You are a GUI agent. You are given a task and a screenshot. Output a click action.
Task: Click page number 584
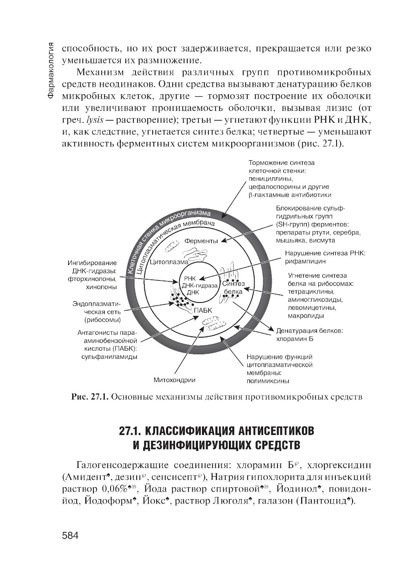70,535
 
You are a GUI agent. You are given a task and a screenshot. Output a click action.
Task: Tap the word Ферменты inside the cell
201,241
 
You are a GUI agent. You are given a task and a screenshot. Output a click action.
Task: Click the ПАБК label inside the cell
203,310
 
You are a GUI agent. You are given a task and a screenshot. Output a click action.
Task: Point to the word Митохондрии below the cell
174,380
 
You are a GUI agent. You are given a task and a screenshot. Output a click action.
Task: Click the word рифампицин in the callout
305,261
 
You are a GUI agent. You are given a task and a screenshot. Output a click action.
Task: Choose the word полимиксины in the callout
268,381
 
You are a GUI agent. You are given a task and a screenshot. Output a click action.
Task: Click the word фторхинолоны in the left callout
93,279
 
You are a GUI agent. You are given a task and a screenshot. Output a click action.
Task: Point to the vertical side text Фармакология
51,70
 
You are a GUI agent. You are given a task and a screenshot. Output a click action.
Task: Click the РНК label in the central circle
190,278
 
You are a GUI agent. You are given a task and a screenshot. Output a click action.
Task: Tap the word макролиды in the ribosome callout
306,316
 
